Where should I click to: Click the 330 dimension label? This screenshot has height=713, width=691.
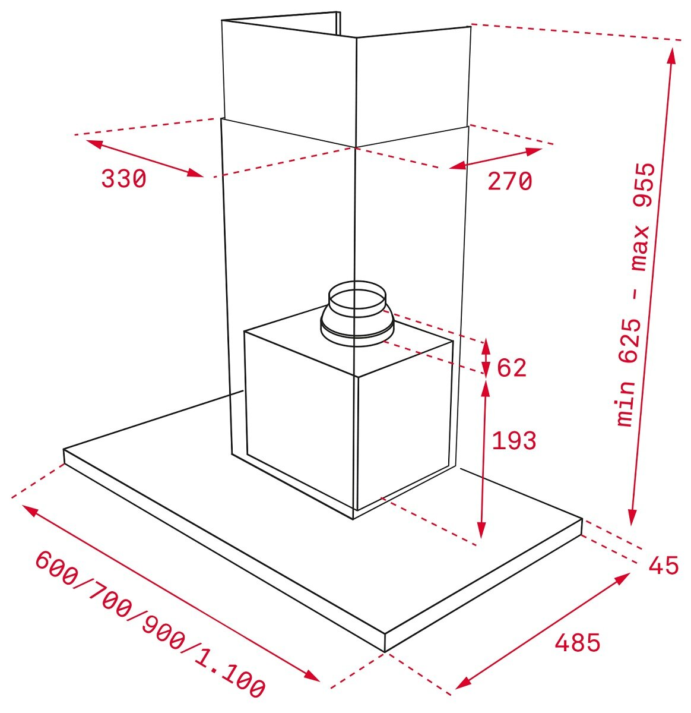[123, 179]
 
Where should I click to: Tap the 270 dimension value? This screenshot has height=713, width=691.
[509, 181]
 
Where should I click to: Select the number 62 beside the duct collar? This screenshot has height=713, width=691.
[512, 368]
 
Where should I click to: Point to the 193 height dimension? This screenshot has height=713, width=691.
[514, 440]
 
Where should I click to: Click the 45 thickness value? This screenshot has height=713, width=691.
[664, 565]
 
